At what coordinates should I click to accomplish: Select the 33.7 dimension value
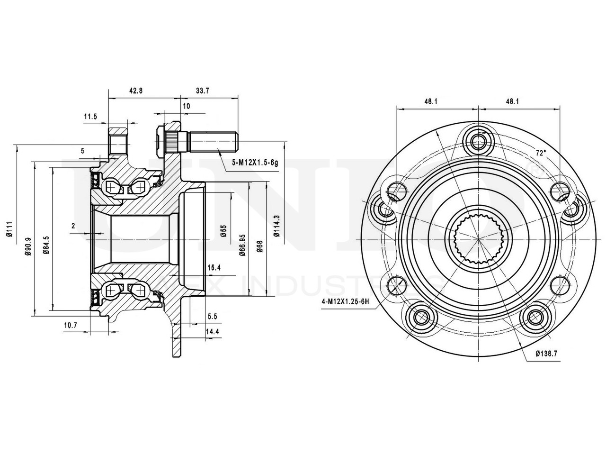click(x=202, y=91)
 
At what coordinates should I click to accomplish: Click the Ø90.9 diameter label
click(x=28, y=246)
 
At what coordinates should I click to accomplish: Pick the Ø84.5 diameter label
click(x=45, y=246)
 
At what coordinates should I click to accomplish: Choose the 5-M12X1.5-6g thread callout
click(x=255, y=163)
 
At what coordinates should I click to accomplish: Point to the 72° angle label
click(x=541, y=153)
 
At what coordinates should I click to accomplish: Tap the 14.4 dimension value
click(x=212, y=332)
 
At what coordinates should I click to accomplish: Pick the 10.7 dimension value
click(x=70, y=325)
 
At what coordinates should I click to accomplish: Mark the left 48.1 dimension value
click(x=430, y=101)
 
